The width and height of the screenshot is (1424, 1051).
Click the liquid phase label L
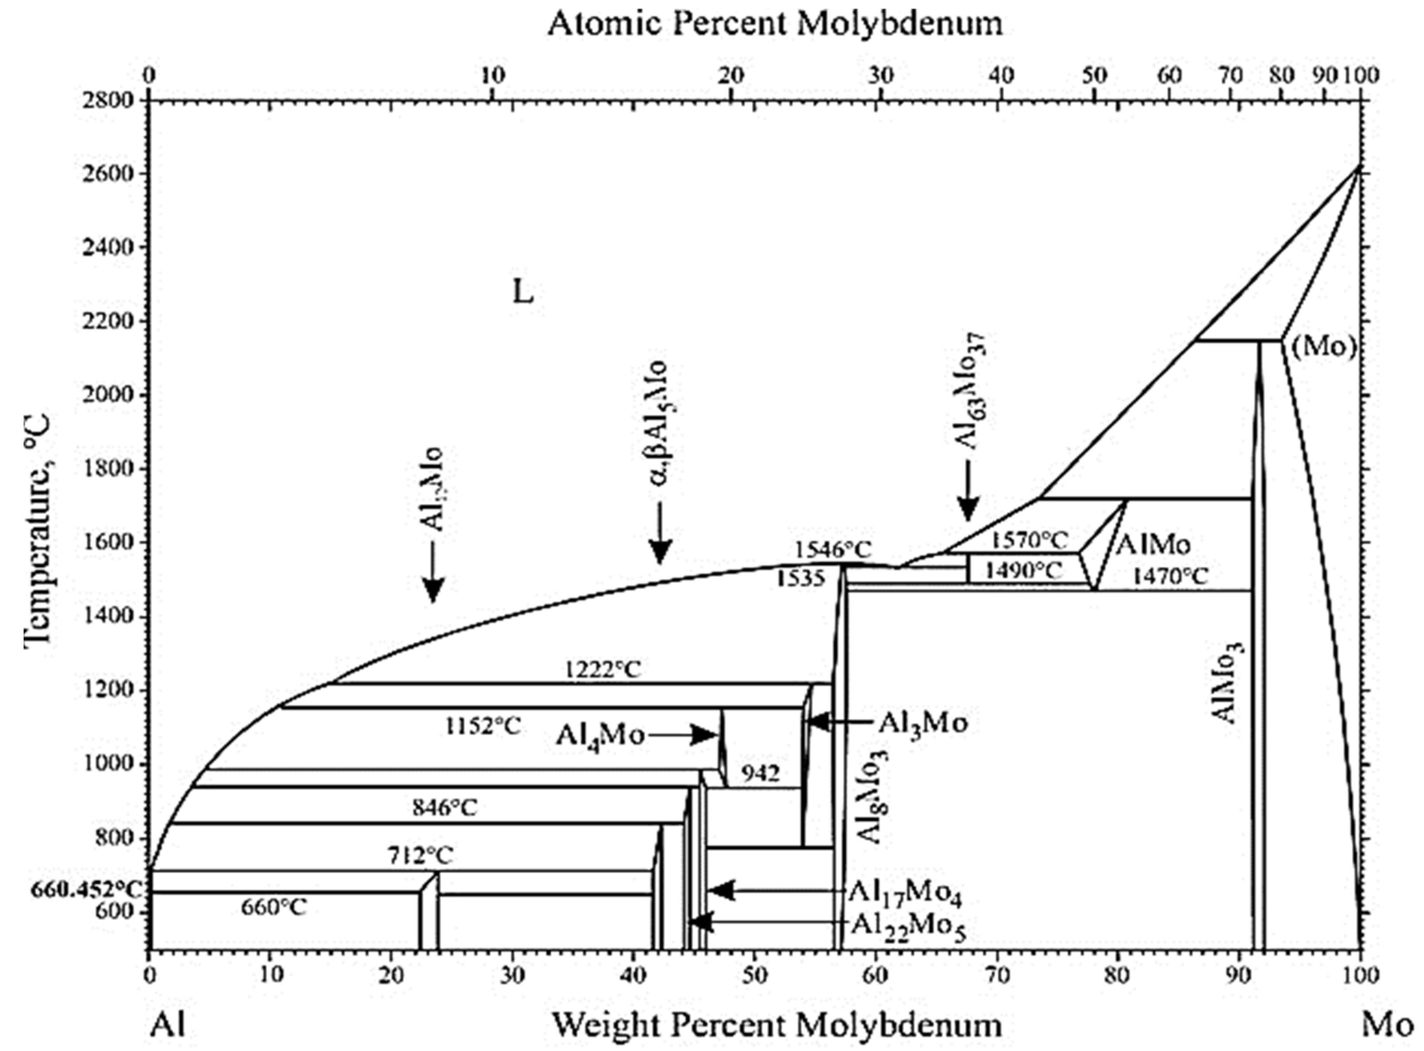522,292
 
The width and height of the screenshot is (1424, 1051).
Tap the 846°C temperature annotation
444,808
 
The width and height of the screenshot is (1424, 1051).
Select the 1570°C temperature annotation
1029,540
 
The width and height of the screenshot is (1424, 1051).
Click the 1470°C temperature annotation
1169,577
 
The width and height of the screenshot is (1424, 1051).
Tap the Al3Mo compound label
923,723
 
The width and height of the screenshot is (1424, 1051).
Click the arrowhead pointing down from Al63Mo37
968,509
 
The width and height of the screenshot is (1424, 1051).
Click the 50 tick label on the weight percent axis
754,975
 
